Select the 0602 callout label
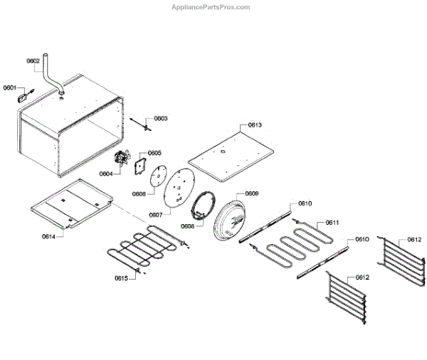point(33,61)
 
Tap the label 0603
point(161,118)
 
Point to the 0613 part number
point(255,125)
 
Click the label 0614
point(49,235)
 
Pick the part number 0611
point(332,222)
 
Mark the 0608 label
point(187,226)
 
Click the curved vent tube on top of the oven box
point(50,75)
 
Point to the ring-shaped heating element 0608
point(202,208)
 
